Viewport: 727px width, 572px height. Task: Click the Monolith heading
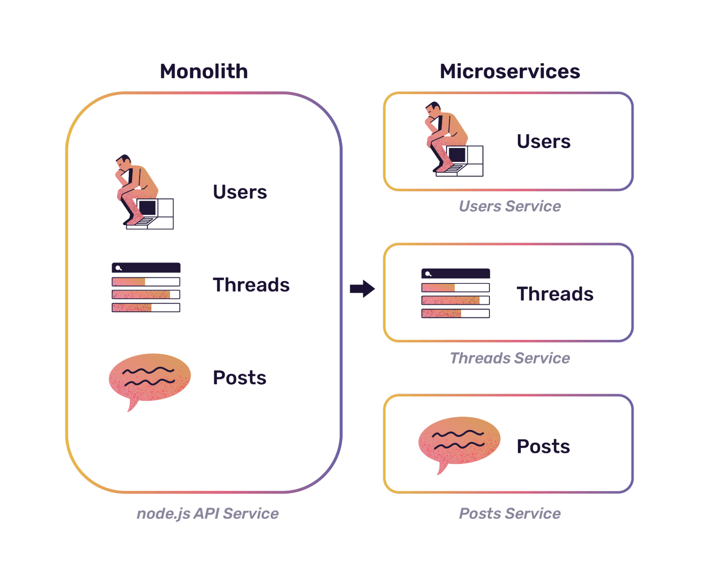[204, 71]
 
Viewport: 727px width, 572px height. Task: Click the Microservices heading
[510, 71]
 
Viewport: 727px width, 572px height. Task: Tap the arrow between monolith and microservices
[362, 289]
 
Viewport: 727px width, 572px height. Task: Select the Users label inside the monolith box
[240, 192]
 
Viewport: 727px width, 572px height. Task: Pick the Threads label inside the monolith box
[251, 285]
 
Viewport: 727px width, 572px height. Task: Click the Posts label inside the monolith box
[240, 378]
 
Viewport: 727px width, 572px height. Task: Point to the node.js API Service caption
[208, 514]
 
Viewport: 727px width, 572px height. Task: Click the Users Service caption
[510, 206]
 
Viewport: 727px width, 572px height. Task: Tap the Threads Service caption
[510, 358]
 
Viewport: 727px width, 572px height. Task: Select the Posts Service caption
[510, 514]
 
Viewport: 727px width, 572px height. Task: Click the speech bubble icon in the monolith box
[150, 378]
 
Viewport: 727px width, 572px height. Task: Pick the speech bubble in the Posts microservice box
[459, 441]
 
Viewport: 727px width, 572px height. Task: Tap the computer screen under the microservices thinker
[457, 155]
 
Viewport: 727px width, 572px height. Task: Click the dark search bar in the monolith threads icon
[146, 268]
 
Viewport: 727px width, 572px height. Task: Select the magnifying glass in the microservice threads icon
[428, 274]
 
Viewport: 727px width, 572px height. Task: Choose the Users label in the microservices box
[544, 142]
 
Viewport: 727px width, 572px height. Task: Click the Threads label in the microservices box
[555, 294]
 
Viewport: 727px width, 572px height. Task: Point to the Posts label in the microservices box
[543, 446]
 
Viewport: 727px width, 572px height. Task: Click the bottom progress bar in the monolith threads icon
[146, 307]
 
